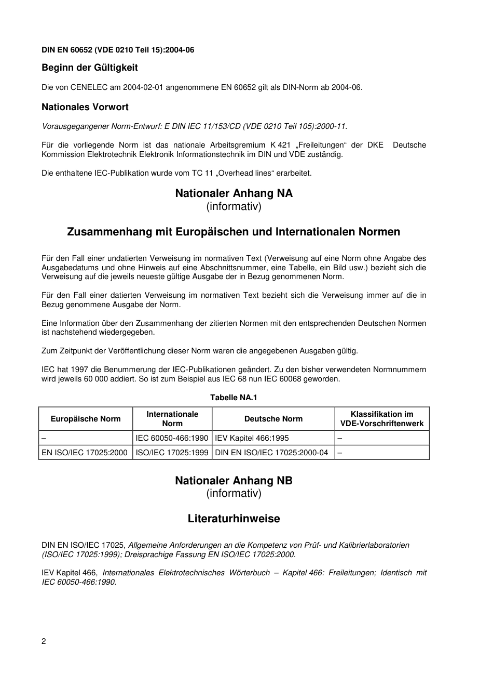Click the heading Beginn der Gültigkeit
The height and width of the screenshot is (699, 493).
[x=89, y=68]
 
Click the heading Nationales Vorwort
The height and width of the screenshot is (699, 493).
[x=85, y=107]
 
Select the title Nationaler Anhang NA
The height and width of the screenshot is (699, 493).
[x=234, y=193]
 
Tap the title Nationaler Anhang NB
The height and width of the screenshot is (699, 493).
[x=234, y=480]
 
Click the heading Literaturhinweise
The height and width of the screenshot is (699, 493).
[x=234, y=519]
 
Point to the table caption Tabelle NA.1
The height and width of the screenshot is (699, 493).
[x=234, y=398]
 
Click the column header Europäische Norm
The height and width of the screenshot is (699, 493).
[x=86, y=419]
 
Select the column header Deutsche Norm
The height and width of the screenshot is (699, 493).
[x=273, y=419]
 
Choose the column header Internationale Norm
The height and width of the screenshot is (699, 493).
[x=172, y=419]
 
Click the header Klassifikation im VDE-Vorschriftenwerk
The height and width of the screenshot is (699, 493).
[x=382, y=419]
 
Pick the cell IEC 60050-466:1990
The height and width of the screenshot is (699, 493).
[x=172, y=438]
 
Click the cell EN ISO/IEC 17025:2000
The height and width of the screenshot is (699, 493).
[x=85, y=453]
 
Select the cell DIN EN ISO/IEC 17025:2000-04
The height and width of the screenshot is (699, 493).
[x=271, y=453]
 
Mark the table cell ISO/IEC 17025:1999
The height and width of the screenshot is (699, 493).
[x=172, y=453]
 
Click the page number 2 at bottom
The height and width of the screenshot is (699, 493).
[x=44, y=641]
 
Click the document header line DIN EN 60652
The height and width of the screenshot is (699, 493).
[x=118, y=50]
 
